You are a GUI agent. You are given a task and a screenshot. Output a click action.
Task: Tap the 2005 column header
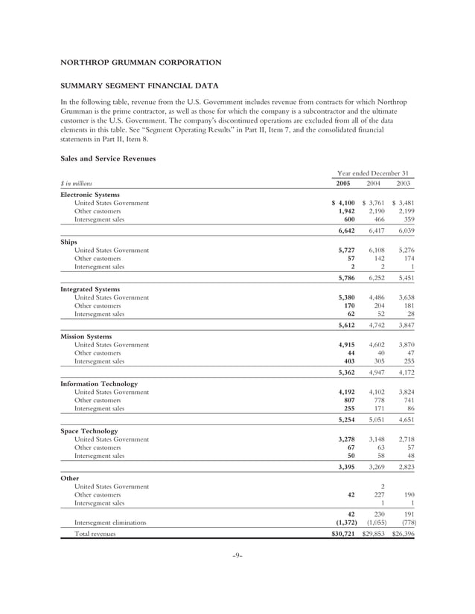(x=342, y=183)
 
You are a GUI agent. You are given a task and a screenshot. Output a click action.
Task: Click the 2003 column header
(x=404, y=183)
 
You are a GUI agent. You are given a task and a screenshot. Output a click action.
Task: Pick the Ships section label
(x=68, y=242)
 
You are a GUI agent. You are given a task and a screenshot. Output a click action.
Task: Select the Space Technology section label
(x=89, y=430)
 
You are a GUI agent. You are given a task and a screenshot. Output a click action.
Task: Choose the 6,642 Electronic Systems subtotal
(x=342, y=230)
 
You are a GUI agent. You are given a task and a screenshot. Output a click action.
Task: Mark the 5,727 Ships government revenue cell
(x=342, y=251)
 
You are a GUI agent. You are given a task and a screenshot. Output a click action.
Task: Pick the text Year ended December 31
(x=372, y=172)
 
